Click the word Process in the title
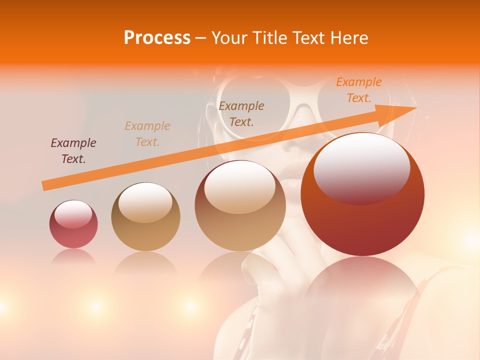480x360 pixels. [x=157, y=38]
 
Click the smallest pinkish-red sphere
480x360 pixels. [x=73, y=224]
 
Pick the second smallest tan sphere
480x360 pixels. [x=145, y=217]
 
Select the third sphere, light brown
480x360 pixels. [x=240, y=205]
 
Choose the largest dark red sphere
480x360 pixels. [x=362, y=195]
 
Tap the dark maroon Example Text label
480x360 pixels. [x=73, y=151]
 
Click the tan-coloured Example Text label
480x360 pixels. [x=147, y=133]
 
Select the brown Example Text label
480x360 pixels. [x=241, y=113]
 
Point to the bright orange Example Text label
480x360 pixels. [x=359, y=89]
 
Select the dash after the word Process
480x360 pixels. [x=200, y=38]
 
